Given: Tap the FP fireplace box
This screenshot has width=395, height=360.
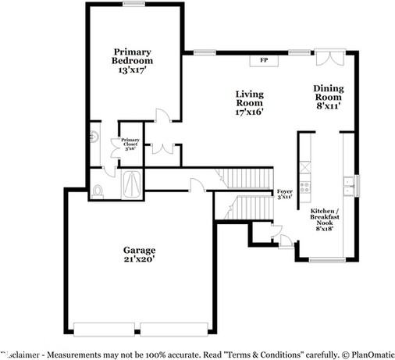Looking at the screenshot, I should coord(263,59).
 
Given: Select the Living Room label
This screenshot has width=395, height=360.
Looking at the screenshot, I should coord(250,98).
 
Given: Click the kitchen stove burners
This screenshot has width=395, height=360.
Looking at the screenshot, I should coord(306,187).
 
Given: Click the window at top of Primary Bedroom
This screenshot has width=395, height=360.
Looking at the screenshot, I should coord(133,4).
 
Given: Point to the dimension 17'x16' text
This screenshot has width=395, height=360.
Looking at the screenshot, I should coord(250,111).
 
